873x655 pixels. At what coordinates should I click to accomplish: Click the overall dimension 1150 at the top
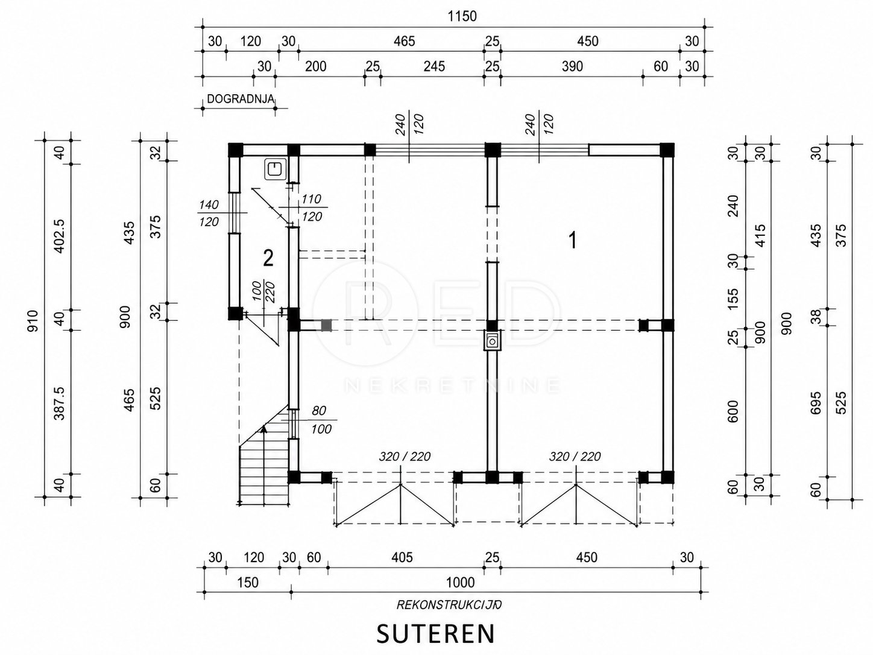pyautogui.click(x=462, y=16)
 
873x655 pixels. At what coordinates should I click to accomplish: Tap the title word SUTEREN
pyautogui.click(x=435, y=633)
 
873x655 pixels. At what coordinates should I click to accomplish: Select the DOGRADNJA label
pyautogui.click(x=241, y=99)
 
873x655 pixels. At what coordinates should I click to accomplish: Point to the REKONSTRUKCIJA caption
pyautogui.click(x=449, y=605)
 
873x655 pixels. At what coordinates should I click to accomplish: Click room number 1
pyautogui.click(x=572, y=240)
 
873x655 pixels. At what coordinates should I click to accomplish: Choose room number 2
pyautogui.click(x=268, y=258)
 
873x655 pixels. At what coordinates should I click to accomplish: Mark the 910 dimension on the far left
pyautogui.click(x=32, y=320)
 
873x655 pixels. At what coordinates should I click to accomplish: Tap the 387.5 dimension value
pyautogui.click(x=59, y=404)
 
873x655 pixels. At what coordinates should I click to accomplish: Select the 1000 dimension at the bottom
pyautogui.click(x=460, y=583)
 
